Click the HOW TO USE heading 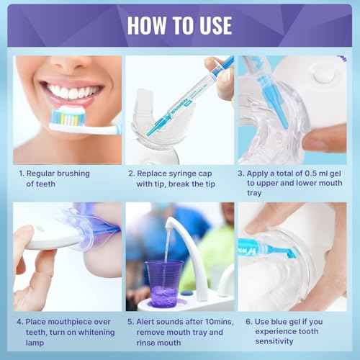[179, 24]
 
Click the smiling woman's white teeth [71, 92]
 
